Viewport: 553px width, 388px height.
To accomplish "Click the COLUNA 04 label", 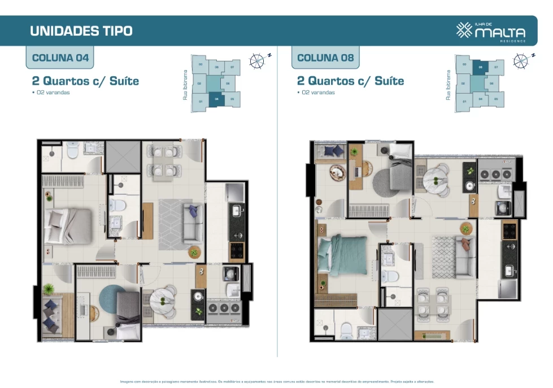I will point(60,58).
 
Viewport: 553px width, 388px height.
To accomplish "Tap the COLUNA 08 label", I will point(325,58).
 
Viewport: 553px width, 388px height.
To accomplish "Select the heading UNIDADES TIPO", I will point(81,30).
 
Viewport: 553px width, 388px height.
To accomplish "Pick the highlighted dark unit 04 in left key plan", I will point(216,99).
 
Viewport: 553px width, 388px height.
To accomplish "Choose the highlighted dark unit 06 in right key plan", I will point(480,67).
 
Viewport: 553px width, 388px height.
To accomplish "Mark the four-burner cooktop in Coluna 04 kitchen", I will point(236,249).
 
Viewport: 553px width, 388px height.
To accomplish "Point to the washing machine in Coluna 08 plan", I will point(503,207).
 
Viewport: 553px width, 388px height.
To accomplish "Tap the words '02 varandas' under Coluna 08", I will point(318,93).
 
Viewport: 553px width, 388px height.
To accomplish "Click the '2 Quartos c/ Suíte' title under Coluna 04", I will point(85,81).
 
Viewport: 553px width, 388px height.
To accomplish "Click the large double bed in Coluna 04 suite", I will point(69,224).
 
